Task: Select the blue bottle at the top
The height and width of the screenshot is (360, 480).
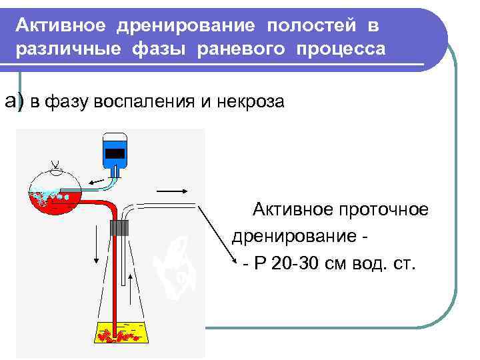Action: point(115,151)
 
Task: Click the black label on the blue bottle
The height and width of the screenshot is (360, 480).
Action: point(115,153)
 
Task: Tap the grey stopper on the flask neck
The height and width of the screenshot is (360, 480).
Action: point(119,227)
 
